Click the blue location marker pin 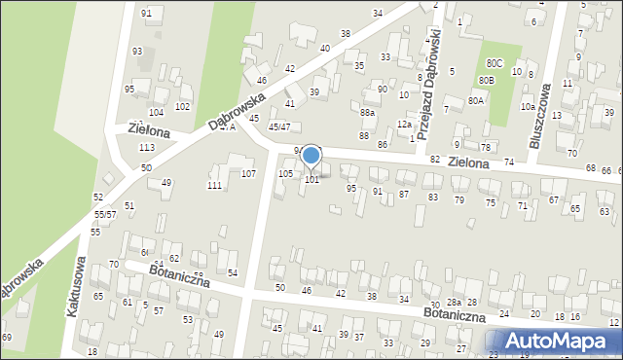(x=311, y=156)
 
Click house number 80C (x=495, y=64)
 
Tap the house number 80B (x=486, y=80)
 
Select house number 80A (x=476, y=100)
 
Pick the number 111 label (x=214, y=185)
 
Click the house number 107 (x=248, y=174)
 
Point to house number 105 (x=285, y=173)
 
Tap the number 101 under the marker (x=311, y=180)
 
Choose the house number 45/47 (x=279, y=126)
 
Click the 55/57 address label (x=105, y=214)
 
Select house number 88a (x=367, y=113)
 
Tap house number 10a (x=527, y=107)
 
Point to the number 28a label (x=454, y=304)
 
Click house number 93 (x=137, y=51)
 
